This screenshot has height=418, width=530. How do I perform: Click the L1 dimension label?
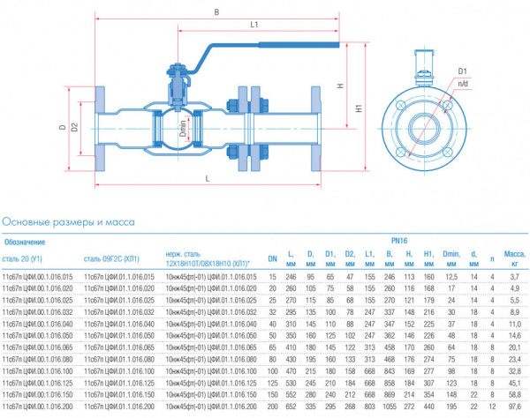click(254, 24)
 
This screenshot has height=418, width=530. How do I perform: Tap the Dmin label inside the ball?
click(183, 128)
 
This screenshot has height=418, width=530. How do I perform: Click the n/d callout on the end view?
click(463, 83)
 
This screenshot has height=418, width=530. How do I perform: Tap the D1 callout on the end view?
click(463, 70)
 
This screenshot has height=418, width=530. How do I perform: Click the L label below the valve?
click(206, 179)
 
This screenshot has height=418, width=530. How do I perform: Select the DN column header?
click(272, 258)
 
